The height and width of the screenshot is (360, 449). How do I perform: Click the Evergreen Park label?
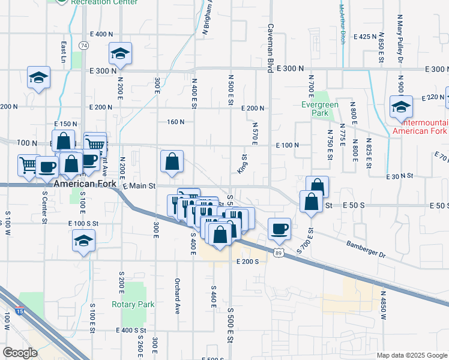(319, 109)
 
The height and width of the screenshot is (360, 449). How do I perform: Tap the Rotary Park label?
(133, 304)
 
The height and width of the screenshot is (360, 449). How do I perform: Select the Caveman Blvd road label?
(271, 47)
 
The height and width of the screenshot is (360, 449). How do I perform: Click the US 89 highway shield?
(278, 254)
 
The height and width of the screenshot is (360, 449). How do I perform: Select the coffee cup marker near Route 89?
(279, 228)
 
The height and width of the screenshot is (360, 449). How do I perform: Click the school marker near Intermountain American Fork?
(400, 107)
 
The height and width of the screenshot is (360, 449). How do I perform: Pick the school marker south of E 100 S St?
(83, 242)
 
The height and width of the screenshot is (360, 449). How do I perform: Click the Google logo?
(20, 353)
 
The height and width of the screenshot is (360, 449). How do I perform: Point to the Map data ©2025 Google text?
(411, 355)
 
